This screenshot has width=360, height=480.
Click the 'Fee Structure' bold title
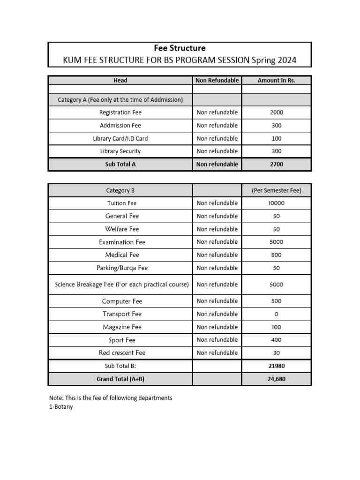[x=180, y=48]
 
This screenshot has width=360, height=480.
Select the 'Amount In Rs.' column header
[x=276, y=80]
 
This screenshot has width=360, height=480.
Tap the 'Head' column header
[x=120, y=80]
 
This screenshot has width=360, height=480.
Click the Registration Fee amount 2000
[x=276, y=112]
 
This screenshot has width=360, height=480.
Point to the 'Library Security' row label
[x=120, y=151]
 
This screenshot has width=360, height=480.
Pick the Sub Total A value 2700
[x=276, y=164]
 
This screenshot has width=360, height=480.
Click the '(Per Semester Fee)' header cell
[x=276, y=190]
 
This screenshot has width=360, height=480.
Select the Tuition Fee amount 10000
[x=276, y=203]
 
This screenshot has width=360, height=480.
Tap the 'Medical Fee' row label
[x=122, y=255]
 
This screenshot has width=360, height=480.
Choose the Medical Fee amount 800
[x=276, y=255]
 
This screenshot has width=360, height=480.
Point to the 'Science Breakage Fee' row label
[x=122, y=284]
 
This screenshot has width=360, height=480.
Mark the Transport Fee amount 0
[x=276, y=314]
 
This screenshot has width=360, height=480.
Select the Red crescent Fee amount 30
[x=276, y=352]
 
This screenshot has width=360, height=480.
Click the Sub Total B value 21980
[x=276, y=366]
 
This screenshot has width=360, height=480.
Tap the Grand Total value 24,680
[x=276, y=379]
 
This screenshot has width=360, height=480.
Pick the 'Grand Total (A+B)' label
[x=120, y=379]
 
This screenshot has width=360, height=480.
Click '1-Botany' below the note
[x=61, y=407]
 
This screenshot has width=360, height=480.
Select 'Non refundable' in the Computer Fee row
[x=217, y=301]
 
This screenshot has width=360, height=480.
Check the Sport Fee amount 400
[x=276, y=340]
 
